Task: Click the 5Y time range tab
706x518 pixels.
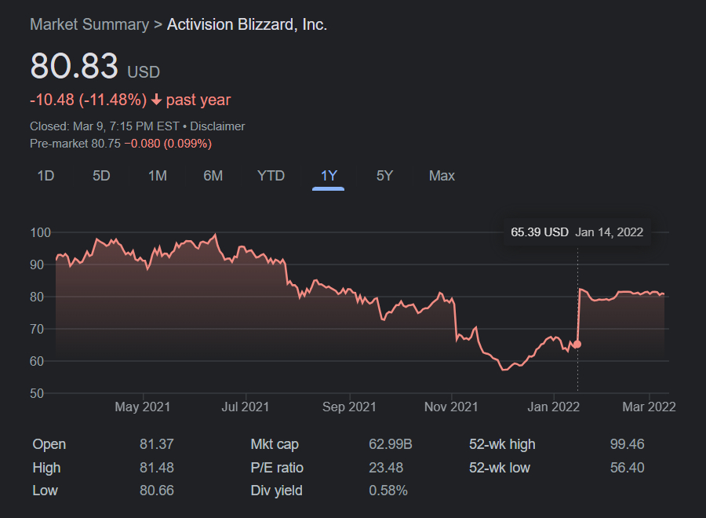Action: coord(384,176)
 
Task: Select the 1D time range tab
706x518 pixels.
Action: coord(45,176)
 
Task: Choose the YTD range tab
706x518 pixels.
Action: coord(271,176)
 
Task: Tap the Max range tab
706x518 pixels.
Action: coord(442,176)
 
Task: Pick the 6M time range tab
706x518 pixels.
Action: coord(213,176)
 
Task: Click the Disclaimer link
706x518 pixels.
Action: coord(217,126)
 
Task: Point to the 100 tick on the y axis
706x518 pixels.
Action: coord(40,232)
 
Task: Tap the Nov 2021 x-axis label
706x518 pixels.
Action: coord(451,407)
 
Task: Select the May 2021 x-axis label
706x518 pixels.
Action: coord(142,407)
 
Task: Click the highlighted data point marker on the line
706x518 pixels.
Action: coord(577,345)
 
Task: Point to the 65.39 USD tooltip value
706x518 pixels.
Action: coord(539,232)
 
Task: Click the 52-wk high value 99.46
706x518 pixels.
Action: coord(627,444)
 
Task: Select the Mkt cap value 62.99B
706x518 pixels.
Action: coord(391,444)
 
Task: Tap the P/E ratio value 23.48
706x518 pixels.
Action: coord(386,468)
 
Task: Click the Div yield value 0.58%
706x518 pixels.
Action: coord(388,491)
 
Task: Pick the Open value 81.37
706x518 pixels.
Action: coord(156,444)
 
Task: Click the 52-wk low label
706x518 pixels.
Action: coord(499,468)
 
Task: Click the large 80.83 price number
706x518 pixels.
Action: coord(74,67)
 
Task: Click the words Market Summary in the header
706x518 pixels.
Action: coord(89,24)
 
